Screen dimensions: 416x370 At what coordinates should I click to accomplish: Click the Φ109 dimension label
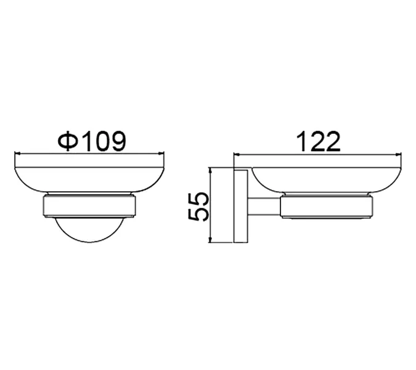coord(92,141)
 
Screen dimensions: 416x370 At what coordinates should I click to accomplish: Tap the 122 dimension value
coord(319,141)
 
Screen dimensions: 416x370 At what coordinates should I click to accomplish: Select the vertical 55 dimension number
coord(198,207)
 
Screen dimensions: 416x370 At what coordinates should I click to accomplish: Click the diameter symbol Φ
coord(68,141)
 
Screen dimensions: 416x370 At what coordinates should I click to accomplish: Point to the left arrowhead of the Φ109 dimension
coord(18,153)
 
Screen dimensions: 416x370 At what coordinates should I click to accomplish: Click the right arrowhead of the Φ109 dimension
coord(161,153)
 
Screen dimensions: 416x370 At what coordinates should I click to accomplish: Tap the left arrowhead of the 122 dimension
coord(237,154)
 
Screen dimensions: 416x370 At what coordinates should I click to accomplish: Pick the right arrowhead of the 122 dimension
coord(398,154)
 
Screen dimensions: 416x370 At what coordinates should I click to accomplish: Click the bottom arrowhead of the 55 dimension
coord(210,239)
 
